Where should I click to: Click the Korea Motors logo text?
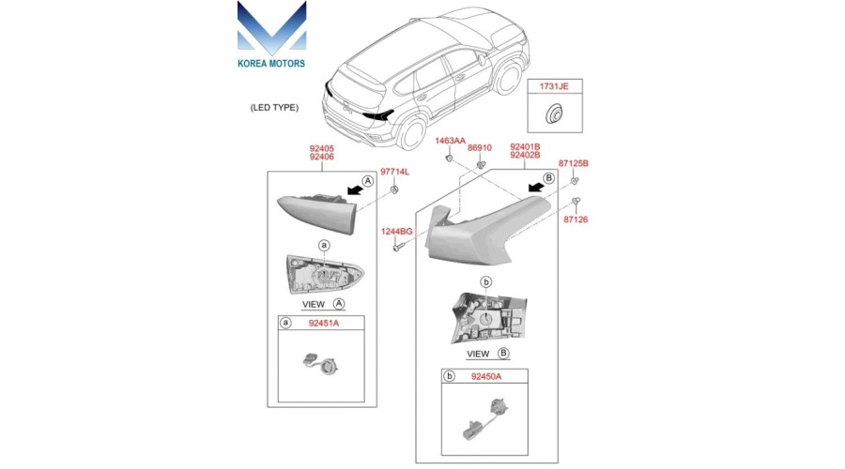[271, 64]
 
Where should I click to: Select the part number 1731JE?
[554, 86]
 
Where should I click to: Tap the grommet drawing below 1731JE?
[553, 113]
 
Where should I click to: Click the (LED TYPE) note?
[274, 107]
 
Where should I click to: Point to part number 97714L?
[394, 172]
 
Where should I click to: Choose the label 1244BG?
[396, 232]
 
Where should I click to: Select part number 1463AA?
[450, 141]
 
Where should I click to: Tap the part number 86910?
[479, 147]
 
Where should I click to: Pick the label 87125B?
[574, 163]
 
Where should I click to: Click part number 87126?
[576, 219]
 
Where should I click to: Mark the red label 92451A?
[323, 323]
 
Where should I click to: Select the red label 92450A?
[486, 376]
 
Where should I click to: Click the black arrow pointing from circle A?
[355, 189]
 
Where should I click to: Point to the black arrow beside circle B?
[536, 187]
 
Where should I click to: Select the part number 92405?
[322, 148]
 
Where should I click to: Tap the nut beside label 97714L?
[394, 189]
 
